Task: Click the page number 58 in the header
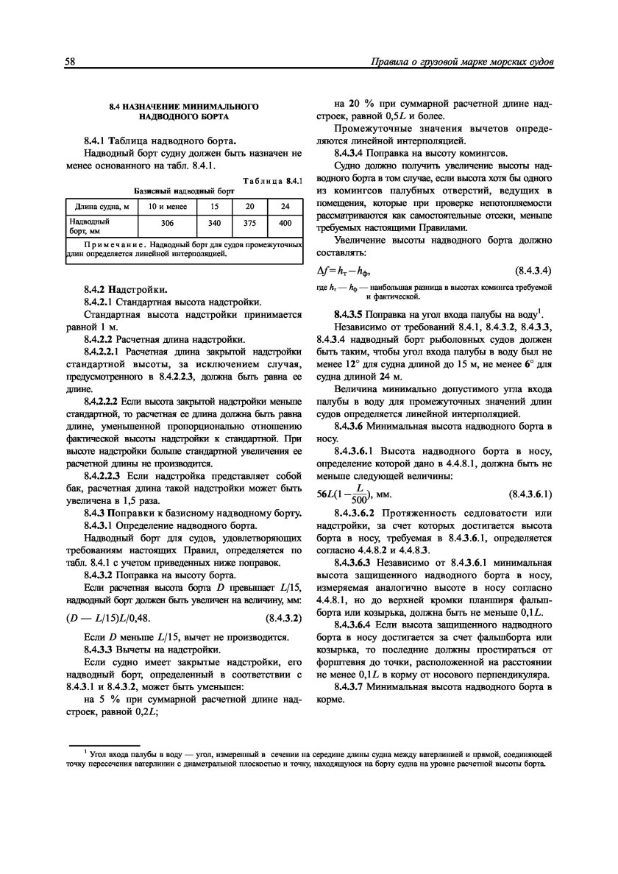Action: click(71, 62)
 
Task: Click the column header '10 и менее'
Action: click(167, 206)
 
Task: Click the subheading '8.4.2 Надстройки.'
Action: click(125, 288)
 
